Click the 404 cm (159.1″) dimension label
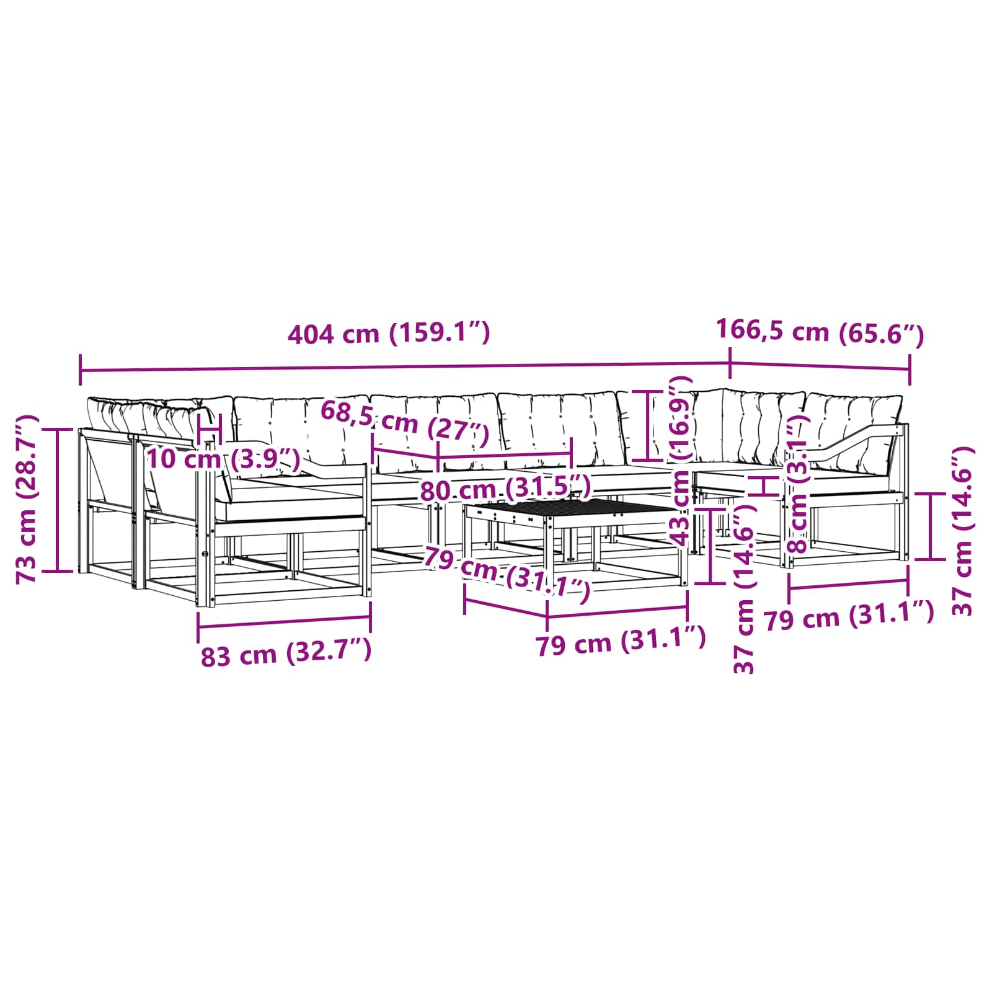tap(389, 334)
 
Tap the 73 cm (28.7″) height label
tap(28, 499)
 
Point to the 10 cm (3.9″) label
tap(223, 459)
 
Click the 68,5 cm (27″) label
tap(404, 421)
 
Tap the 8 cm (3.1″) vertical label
tap(798, 484)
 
